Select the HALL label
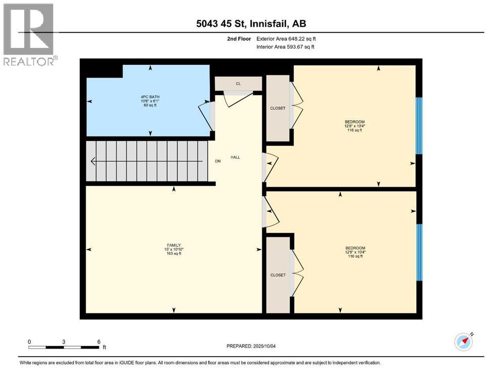point(235,157)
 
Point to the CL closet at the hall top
point(238,83)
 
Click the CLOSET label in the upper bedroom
point(278,108)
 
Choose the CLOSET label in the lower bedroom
point(278,275)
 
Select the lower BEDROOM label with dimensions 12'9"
point(355,252)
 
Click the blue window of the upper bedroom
point(418,125)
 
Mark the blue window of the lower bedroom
point(419,252)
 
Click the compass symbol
point(463,342)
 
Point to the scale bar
point(64,347)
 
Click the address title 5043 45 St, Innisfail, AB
point(251,23)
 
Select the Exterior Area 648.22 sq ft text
point(286,38)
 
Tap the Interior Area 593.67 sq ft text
point(286,47)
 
